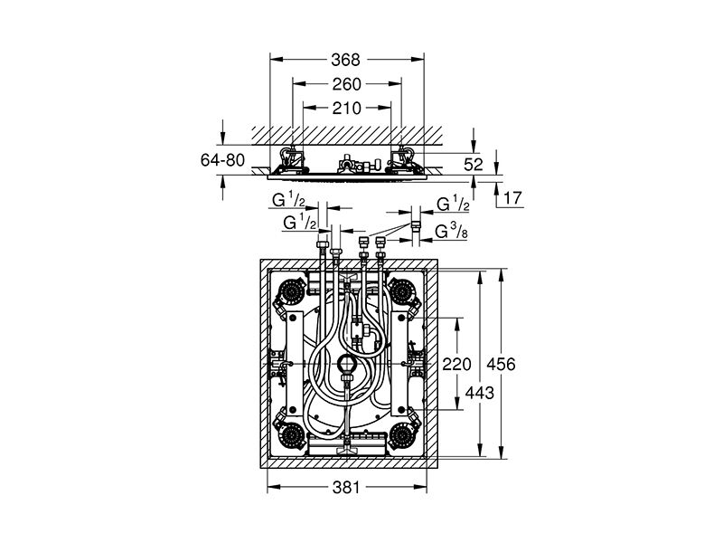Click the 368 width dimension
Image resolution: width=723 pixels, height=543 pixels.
[x=345, y=61]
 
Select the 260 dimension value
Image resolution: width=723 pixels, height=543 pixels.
[x=345, y=84]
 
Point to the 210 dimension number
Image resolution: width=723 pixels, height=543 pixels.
[x=345, y=108]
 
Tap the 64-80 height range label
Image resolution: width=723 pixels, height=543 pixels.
[x=222, y=160]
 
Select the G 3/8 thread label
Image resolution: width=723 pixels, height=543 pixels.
[x=450, y=232]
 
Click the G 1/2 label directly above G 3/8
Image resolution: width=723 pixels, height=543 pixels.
[x=451, y=205]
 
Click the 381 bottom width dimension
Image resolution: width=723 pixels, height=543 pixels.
[x=345, y=487]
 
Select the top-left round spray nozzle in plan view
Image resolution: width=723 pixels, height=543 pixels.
[x=296, y=291]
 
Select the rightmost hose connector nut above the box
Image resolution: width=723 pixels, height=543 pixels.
[x=380, y=243]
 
